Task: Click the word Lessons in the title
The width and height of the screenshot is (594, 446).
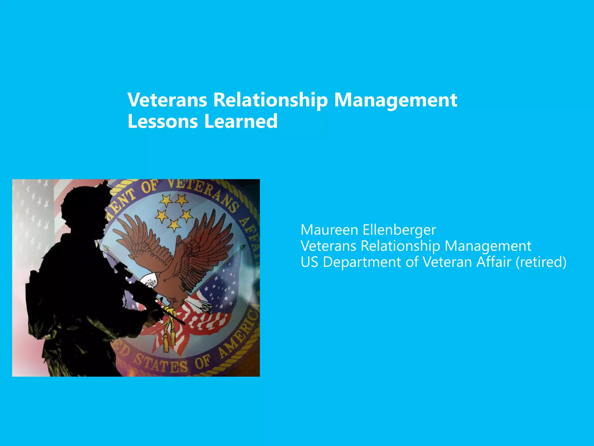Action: (x=162, y=121)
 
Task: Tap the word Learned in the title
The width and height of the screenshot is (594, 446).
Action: (x=241, y=121)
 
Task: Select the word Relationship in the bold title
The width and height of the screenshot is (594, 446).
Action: (x=270, y=100)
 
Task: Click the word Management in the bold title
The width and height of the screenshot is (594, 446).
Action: (x=396, y=100)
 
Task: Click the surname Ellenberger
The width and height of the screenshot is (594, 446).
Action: (x=399, y=230)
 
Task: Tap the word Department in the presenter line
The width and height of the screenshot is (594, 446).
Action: (x=361, y=262)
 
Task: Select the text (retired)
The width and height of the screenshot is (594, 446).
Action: (x=541, y=262)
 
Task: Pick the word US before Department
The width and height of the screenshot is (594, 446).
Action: (x=309, y=262)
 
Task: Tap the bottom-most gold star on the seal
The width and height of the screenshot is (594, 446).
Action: (x=174, y=225)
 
